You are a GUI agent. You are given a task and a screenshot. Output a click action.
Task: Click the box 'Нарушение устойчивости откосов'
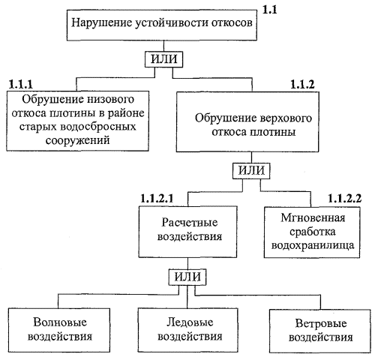(x=162, y=25)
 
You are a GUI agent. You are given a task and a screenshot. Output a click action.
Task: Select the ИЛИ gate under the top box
(x=163, y=59)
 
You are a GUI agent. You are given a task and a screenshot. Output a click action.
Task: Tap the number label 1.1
(x=270, y=10)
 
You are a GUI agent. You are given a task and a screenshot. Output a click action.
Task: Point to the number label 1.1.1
(x=21, y=85)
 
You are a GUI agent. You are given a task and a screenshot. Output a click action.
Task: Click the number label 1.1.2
(x=302, y=85)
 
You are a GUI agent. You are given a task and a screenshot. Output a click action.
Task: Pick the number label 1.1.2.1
(x=157, y=199)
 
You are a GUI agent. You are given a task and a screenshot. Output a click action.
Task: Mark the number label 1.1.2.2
(x=345, y=199)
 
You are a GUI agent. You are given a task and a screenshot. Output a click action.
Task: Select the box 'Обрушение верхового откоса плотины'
(x=247, y=121)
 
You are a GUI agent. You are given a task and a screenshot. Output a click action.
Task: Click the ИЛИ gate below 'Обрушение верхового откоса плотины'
(x=251, y=171)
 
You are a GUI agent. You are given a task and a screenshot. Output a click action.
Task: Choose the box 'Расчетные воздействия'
(x=187, y=232)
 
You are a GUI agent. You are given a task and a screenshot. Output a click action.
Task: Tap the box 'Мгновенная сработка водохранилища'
(x=312, y=232)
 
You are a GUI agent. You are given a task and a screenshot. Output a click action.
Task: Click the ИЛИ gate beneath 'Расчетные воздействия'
(x=187, y=277)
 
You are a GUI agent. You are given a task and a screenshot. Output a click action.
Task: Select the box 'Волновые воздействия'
(x=59, y=330)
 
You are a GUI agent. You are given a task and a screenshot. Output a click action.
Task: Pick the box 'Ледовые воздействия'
(x=187, y=330)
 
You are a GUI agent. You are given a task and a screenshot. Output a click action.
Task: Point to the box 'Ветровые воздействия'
(x=320, y=331)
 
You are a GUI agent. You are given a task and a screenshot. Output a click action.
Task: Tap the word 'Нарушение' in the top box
(x=101, y=23)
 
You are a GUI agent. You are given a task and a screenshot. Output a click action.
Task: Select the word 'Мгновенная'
(x=313, y=218)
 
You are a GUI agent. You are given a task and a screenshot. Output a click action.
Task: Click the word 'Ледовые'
(x=190, y=322)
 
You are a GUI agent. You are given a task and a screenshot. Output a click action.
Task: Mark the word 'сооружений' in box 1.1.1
(x=78, y=140)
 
